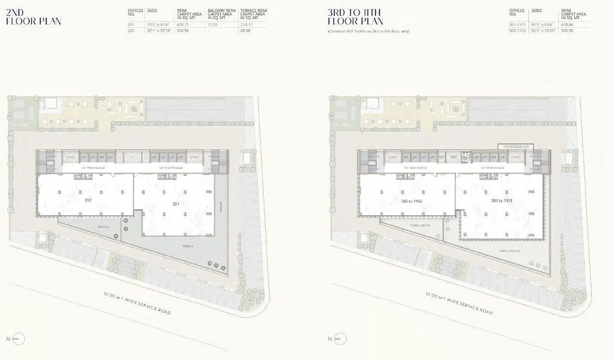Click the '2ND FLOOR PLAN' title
33,17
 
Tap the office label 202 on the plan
88,199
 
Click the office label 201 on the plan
176,204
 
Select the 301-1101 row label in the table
517,25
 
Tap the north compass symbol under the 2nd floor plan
17,339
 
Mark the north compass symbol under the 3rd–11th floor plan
339,339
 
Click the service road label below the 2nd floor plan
137,303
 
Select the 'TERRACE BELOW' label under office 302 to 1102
418,226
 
